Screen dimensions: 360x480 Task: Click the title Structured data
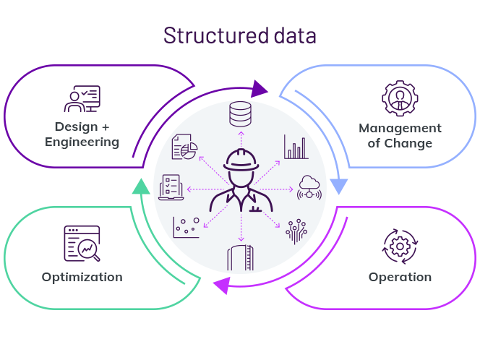point(239,35)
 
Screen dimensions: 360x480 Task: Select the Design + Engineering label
point(82,134)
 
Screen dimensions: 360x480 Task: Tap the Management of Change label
point(400,135)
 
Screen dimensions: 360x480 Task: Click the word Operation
point(400,277)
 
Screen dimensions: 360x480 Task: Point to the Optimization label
point(82,277)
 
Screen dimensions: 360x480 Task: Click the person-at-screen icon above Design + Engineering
point(82,99)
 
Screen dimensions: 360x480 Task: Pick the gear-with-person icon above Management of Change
point(400,99)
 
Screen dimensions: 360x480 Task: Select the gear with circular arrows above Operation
point(400,246)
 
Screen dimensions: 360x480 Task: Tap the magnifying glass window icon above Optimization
point(82,244)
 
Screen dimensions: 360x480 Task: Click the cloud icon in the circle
point(309,187)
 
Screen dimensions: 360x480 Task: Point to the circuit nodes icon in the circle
point(296,229)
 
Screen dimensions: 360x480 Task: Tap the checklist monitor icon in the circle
point(172,187)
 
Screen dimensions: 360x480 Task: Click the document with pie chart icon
point(185,147)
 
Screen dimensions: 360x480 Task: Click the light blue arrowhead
point(338,186)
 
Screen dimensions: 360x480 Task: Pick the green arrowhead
point(142,187)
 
